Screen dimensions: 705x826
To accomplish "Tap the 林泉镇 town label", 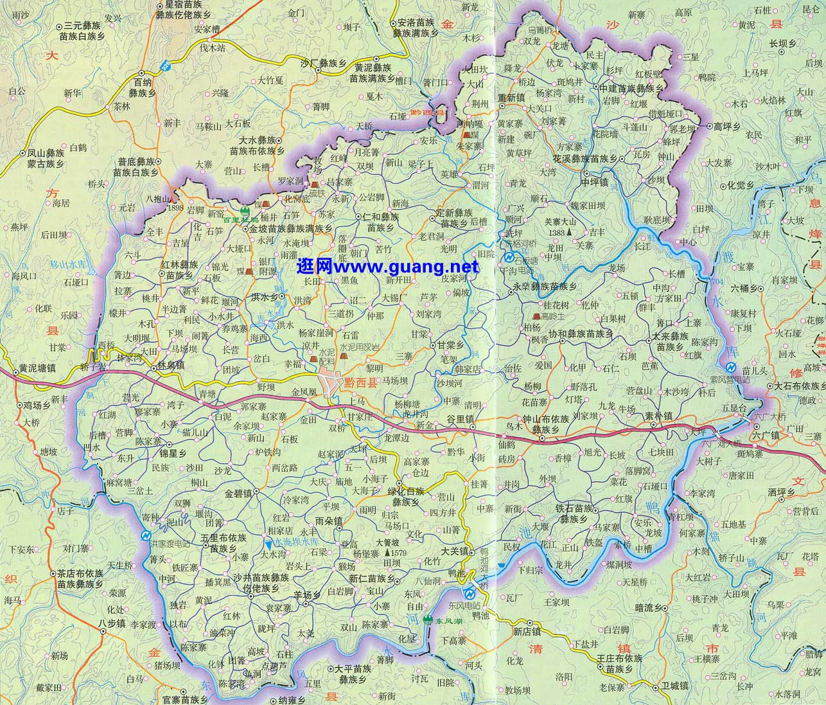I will point(171,364).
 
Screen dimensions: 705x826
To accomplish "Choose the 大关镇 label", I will point(453,551).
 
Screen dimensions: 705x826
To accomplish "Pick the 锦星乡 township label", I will point(173,452).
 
